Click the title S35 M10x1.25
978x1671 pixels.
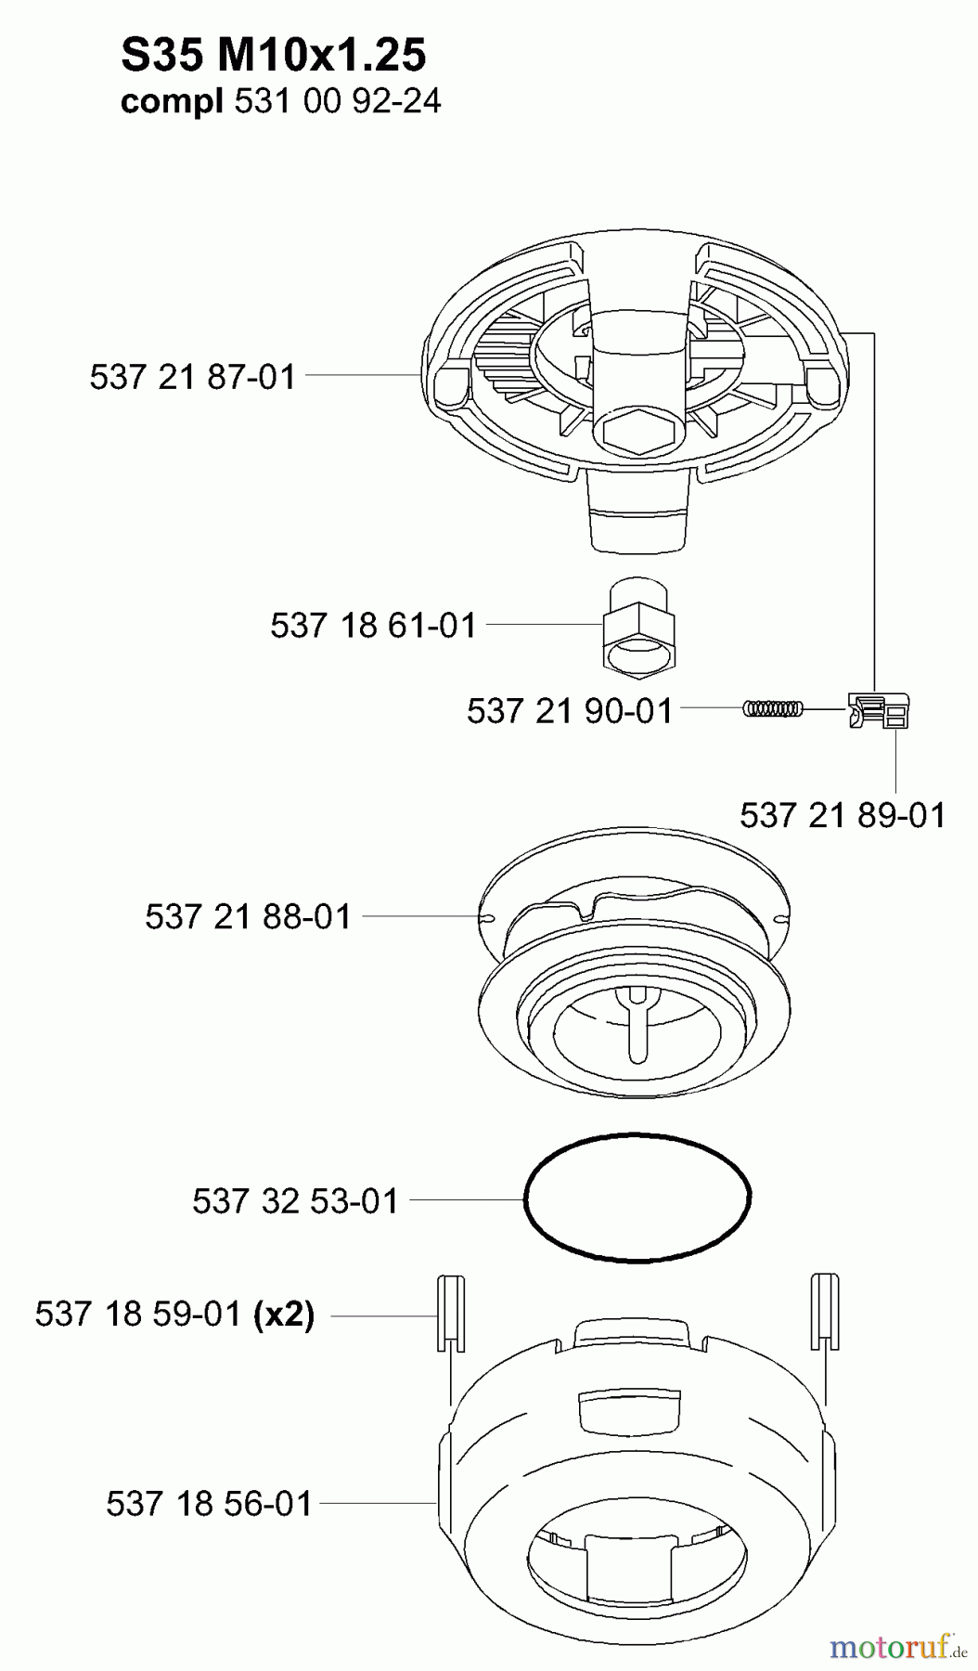tap(273, 57)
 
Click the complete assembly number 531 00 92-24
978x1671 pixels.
tap(338, 101)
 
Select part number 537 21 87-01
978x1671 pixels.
tap(193, 377)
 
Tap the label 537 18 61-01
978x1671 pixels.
tap(373, 625)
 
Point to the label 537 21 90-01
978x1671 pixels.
tap(570, 711)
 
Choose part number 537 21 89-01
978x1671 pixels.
tap(843, 815)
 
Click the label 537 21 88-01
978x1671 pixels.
tap(249, 917)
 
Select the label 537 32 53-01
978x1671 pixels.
tap(295, 1200)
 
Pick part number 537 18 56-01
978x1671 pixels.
tap(210, 1503)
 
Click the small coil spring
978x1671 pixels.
tap(772, 708)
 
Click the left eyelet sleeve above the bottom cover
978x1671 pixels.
tap(449, 1314)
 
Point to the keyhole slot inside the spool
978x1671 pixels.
tap(638, 1021)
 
